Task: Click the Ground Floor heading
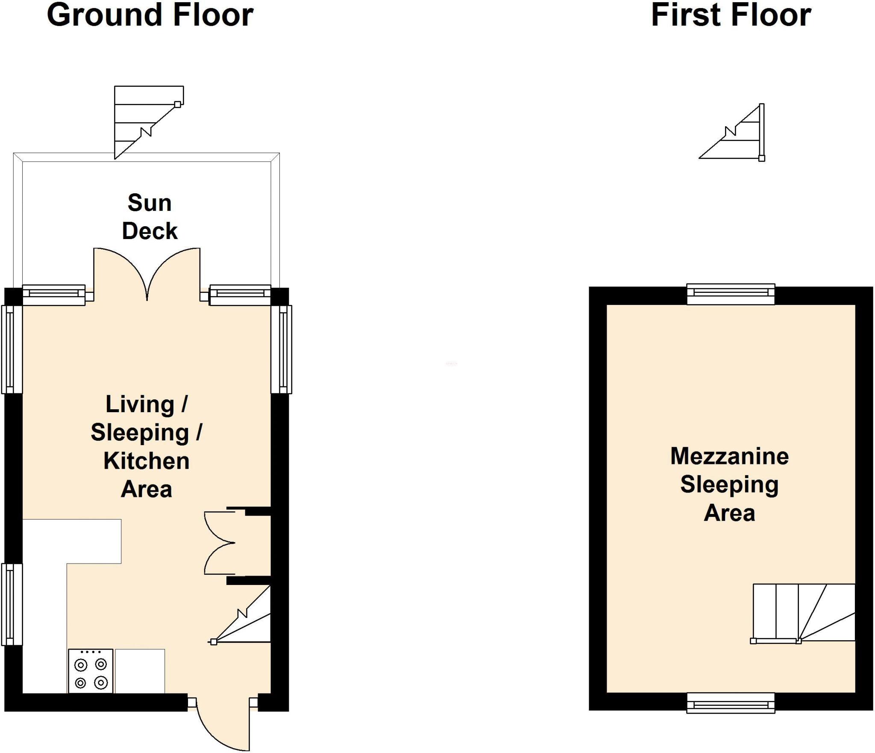tap(150, 15)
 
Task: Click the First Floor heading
tap(731, 15)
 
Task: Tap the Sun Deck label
tap(150, 216)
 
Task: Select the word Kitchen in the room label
tap(146, 461)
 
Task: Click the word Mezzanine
tap(729, 456)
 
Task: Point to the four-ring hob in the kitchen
tap(91, 671)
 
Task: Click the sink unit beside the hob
tap(140, 671)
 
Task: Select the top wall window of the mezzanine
tap(731, 294)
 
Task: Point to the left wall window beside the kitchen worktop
tap(12, 604)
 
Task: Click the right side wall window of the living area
tap(282, 348)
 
